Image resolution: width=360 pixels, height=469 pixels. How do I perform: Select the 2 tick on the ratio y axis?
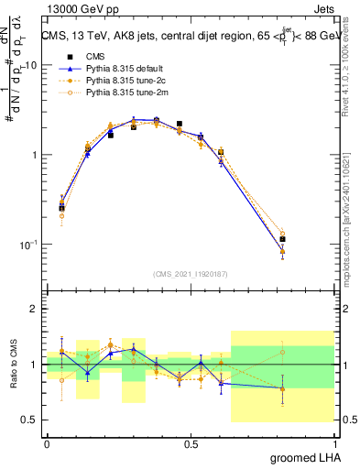37,310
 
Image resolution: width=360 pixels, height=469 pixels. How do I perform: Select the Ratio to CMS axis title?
13,365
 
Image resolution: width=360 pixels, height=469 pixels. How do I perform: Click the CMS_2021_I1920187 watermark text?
191,274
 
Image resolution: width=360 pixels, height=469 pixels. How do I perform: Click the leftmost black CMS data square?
61,208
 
